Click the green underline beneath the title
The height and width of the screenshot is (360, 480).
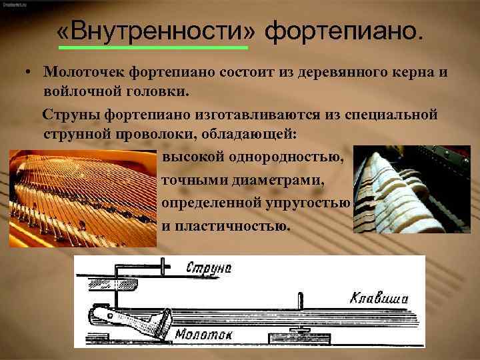coord(153,47)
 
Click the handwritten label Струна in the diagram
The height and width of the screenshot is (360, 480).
coord(208,268)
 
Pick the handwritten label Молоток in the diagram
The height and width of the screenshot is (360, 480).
coord(203,334)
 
